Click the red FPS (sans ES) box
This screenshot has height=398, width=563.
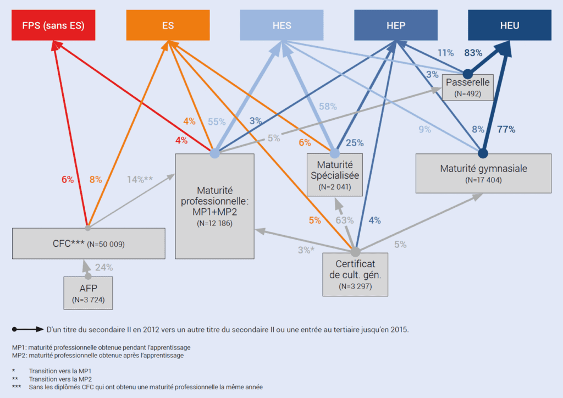(x=53, y=25)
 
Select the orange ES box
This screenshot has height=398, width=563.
(x=168, y=25)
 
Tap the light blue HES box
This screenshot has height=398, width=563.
(x=282, y=25)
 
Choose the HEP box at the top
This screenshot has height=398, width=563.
(x=396, y=25)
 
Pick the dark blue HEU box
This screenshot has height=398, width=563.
(x=510, y=25)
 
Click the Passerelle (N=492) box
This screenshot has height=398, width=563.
(x=467, y=87)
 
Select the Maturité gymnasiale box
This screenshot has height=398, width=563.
(x=483, y=174)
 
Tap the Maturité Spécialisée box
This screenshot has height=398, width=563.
(x=335, y=175)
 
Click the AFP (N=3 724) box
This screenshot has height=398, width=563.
(x=89, y=293)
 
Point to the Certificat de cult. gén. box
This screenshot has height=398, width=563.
(x=355, y=274)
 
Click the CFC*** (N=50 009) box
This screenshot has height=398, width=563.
(x=89, y=244)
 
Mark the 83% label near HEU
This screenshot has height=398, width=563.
(x=473, y=53)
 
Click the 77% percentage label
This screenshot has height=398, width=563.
(x=506, y=129)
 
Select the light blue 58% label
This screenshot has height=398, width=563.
(x=328, y=107)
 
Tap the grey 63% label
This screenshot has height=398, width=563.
(x=345, y=220)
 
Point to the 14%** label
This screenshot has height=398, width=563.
(x=140, y=179)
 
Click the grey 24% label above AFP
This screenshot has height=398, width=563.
(x=104, y=267)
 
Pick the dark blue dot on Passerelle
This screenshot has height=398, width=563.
(x=467, y=74)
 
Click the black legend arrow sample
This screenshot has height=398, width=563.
(x=28, y=329)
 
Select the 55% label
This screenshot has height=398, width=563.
(x=217, y=122)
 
